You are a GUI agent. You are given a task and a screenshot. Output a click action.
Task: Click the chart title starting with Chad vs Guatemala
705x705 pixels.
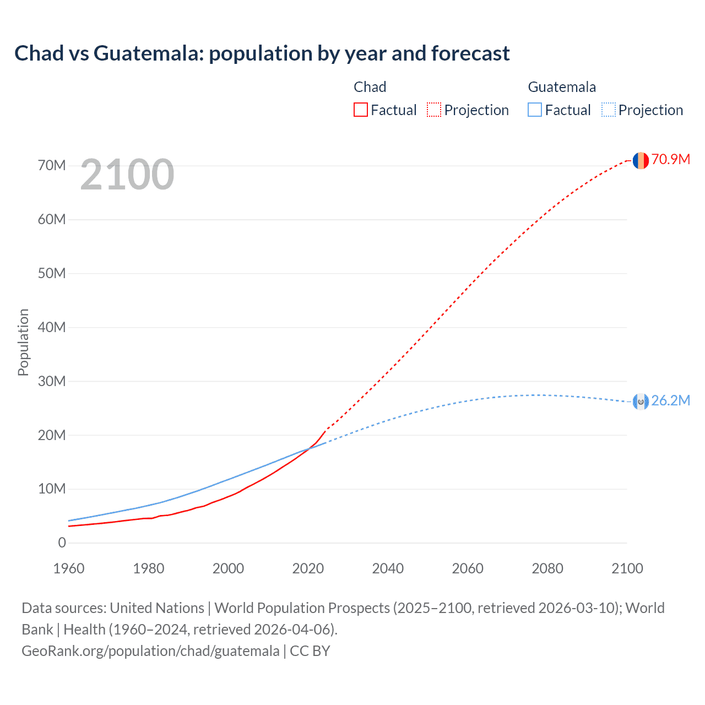262,53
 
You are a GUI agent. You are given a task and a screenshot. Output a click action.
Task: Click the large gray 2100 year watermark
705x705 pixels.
127,175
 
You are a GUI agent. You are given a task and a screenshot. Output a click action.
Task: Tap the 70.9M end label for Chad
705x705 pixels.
670,160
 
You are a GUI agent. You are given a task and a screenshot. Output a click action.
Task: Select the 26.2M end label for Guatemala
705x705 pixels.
670,400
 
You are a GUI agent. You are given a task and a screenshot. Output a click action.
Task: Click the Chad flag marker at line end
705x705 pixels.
641,160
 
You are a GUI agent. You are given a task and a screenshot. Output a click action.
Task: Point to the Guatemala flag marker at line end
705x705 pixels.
641,402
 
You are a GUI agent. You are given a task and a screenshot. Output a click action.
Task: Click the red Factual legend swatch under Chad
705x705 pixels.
360,110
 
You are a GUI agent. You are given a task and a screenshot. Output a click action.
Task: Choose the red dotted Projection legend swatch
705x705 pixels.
434,110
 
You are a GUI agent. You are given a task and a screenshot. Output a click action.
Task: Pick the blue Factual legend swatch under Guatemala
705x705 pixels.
535,110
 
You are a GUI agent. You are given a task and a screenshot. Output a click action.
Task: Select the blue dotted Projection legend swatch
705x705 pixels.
608,110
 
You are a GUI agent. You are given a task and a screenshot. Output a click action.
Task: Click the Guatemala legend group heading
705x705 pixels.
562,87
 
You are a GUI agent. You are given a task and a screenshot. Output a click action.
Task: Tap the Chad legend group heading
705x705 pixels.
370,87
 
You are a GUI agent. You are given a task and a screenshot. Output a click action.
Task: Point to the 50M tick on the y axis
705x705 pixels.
52,273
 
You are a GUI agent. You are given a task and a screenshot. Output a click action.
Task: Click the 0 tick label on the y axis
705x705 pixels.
62,543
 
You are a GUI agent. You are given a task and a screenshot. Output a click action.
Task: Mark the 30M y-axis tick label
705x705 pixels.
52,381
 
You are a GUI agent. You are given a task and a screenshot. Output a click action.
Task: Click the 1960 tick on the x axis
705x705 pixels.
69,568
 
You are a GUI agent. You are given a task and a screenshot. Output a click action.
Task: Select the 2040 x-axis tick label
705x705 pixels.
388,568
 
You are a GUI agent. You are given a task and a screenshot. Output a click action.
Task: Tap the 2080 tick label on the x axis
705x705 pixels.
547,568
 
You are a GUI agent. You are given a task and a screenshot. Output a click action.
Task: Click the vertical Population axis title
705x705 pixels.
23,342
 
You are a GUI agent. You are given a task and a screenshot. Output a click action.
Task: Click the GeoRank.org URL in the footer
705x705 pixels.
150,651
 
